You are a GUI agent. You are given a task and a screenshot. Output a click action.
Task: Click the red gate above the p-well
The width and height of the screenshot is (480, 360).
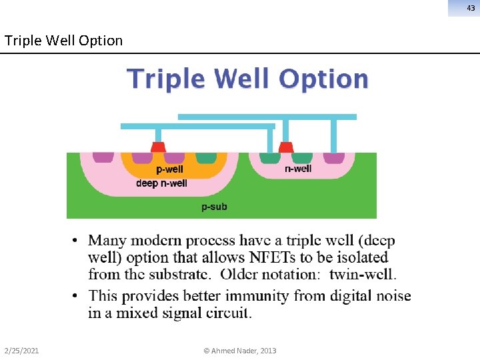tap(158, 147)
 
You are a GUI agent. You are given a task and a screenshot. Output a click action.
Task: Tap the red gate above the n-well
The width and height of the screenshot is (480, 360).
tap(286, 147)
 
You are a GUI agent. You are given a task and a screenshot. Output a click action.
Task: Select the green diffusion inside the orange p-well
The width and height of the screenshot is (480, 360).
tap(206, 158)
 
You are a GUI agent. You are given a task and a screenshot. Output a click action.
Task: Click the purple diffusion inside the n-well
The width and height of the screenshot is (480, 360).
tap(333, 158)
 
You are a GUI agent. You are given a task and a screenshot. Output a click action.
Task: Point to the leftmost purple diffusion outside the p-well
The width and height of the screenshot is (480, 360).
tap(103, 157)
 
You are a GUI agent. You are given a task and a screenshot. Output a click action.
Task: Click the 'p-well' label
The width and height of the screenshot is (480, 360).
tap(169, 169)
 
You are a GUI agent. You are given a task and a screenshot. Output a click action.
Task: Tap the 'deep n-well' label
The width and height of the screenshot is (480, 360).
tap(161, 183)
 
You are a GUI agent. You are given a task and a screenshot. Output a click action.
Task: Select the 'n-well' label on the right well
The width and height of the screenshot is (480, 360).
tap(298, 169)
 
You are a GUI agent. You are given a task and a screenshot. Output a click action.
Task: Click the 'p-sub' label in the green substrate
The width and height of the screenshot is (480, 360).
tap(214, 207)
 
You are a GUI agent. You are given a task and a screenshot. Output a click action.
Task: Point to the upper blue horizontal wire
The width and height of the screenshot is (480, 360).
tap(267, 117)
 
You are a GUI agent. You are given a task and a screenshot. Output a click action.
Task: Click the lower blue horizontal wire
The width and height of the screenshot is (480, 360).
tap(197, 126)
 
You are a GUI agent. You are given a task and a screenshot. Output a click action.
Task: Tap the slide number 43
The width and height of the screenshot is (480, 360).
tap(471, 7)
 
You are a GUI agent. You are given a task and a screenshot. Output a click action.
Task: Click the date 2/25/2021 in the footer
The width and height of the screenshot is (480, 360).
tap(21, 351)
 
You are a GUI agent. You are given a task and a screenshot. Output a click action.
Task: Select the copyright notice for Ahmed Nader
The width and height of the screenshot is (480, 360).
tap(240, 351)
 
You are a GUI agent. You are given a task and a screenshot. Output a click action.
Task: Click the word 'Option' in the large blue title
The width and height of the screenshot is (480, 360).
tap(323, 79)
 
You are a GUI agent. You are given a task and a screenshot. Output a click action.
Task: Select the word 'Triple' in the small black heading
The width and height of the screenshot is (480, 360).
tap(21, 40)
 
